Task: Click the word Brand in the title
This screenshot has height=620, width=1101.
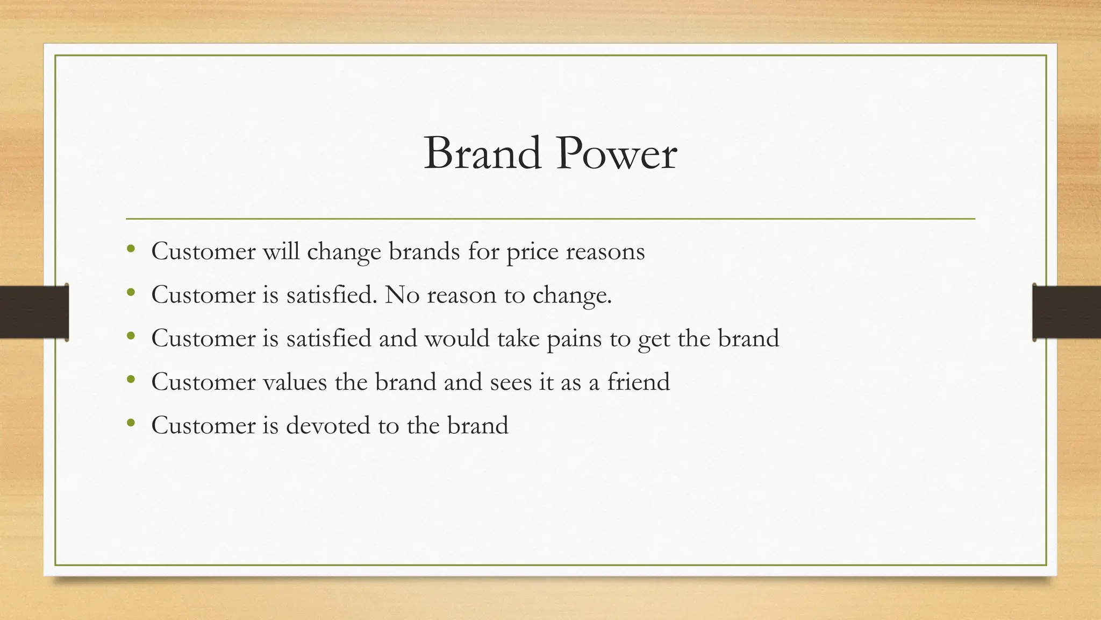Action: tap(482, 154)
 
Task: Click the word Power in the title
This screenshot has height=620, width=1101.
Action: tap(617, 154)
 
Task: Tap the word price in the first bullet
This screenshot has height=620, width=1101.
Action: tap(532, 252)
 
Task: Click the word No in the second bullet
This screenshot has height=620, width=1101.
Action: tap(402, 295)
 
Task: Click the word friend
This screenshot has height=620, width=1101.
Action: tap(638, 382)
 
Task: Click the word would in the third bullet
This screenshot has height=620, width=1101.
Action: tap(457, 339)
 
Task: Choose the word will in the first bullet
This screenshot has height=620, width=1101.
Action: tap(281, 251)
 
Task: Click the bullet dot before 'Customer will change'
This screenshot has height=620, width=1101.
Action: tap(131, 249)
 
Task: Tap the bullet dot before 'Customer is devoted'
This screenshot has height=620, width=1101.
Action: tap(131, 423)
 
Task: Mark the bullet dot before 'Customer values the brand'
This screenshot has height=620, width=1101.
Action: tap(131, 379)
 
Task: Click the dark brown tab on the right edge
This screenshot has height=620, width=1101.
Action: tap(1067, 312)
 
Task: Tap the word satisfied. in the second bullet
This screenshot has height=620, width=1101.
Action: tap(332, 295)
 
